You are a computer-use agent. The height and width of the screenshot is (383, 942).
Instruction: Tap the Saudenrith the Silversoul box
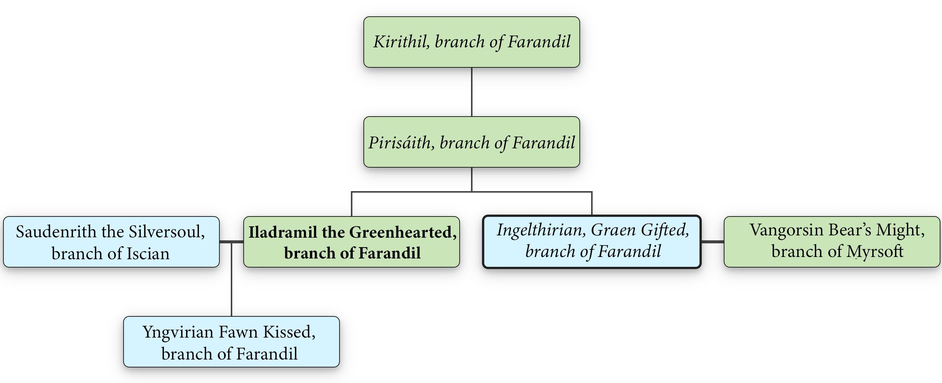tap(111, 242)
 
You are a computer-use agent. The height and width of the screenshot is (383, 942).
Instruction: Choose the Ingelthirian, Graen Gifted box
tap(591, 242)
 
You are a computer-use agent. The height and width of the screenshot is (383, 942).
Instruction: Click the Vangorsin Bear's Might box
tap(832, 242)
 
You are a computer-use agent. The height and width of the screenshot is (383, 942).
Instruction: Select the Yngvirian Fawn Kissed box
tap(231, 342)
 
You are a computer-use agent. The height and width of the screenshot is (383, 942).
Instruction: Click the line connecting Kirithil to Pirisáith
tap(471, 92)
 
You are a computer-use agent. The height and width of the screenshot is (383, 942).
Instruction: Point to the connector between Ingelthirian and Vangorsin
tap(712, 241)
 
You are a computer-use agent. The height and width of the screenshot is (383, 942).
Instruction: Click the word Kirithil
tap(401, 42)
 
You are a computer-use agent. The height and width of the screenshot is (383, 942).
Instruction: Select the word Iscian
tap(148, 254)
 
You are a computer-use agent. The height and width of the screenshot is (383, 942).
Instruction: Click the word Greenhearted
tap(403, 232)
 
